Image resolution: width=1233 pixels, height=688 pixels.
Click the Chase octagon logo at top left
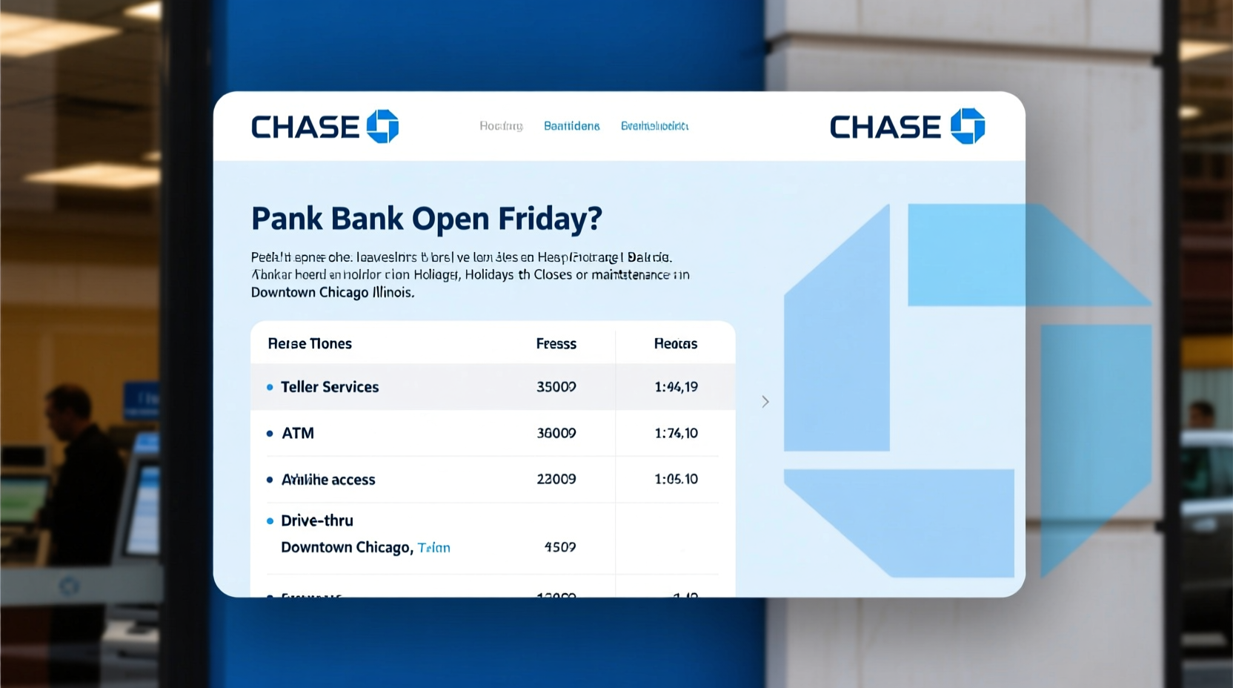coord(382,126)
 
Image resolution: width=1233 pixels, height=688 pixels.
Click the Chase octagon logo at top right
coord(968,126)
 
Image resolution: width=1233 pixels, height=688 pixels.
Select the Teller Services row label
coord(330,387)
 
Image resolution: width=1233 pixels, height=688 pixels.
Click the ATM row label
coord(298,433)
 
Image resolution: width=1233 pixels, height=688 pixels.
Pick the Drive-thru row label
coord(317,520)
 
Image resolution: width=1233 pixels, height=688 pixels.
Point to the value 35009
coord(556,387)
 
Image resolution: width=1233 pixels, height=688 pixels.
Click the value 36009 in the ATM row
coord(556,433)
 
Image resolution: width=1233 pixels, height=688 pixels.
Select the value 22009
coord(556,479)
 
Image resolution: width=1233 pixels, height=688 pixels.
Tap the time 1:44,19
coord(676,387)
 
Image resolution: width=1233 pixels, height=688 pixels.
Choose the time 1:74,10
coord(676,433)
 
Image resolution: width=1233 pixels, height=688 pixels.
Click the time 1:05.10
coord(676,479)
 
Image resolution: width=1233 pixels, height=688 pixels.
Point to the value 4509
coord(560,547)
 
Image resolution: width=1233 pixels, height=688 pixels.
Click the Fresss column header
coord(556,344)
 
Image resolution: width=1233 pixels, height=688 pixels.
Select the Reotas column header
coord(676,344)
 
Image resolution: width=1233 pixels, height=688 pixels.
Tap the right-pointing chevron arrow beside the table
coord(765,402)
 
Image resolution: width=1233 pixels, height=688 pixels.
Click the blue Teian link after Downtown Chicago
coord(434,548)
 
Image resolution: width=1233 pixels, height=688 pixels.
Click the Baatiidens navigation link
coord(572,126)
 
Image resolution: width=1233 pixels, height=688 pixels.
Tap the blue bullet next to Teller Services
coord(270,387)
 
